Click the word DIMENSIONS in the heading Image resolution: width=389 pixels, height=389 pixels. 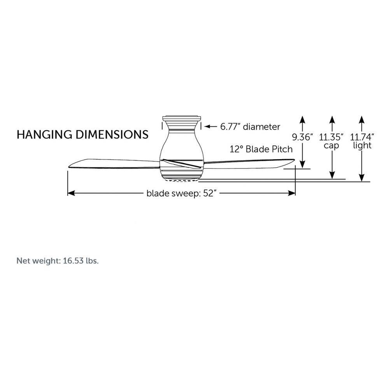click(112, 134)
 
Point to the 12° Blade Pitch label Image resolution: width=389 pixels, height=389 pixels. click(261, 149)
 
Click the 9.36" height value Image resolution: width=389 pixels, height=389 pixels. click(302, 137)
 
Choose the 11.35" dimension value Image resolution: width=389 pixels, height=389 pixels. click(331, 137)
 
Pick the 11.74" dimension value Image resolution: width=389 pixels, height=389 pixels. click(362, 137)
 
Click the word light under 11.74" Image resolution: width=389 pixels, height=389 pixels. click(362, 145)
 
